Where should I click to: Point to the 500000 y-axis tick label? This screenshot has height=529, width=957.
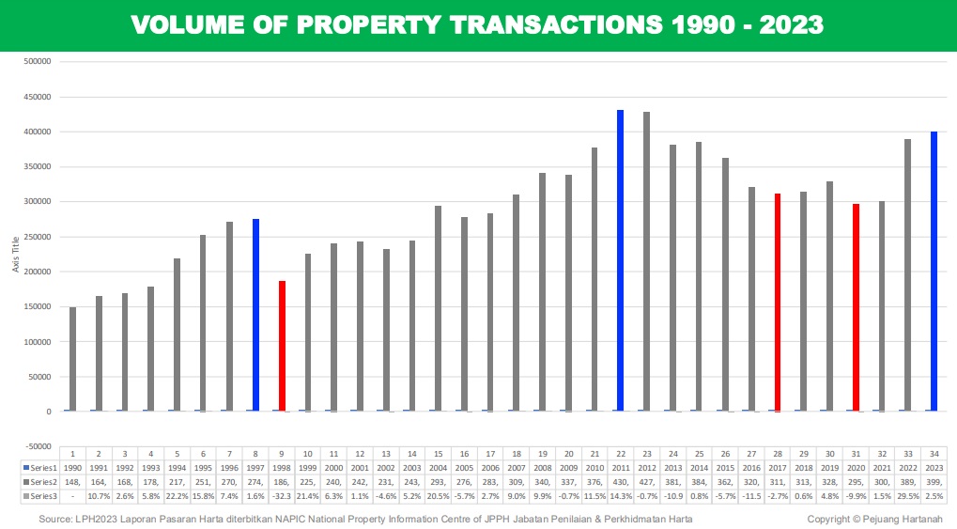tap(37, 62)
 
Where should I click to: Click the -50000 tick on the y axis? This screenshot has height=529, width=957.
tap(37, 446)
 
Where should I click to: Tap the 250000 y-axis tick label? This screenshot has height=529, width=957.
tap(37, 237)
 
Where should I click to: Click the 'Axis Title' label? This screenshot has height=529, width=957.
tap(16, 254)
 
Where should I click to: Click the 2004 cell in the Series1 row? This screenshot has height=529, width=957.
tap(438, 467)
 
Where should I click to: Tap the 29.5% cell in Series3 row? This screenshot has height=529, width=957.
tap(907, 495)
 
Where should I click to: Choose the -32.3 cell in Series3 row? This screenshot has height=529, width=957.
tap(281, 495)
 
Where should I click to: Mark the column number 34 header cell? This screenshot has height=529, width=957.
tap(934, 454)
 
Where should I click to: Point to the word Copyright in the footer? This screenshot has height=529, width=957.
tap(830, 519)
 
